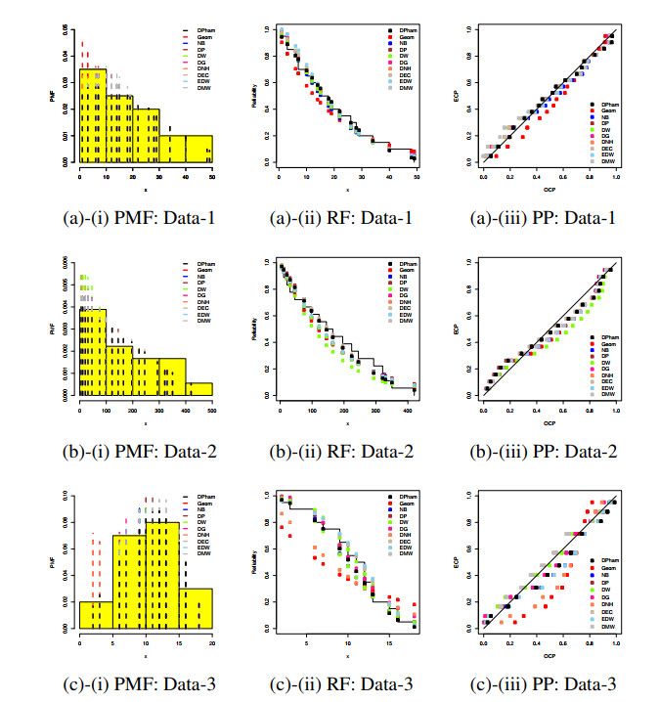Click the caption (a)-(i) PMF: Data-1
click(146, 216)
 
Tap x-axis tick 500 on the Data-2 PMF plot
click(212, 404)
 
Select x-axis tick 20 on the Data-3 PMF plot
click(212, 636)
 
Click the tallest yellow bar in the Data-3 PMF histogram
click(162, 577)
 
